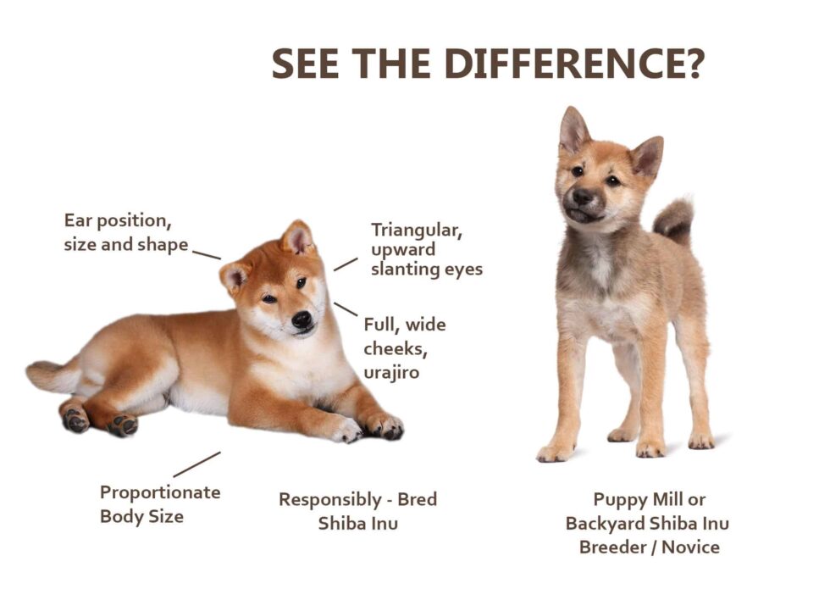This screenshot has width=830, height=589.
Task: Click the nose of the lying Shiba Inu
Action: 302,319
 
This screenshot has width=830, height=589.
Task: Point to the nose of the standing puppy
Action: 582,197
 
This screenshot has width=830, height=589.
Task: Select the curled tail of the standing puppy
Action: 675,219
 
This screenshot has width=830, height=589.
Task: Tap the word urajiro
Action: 391,373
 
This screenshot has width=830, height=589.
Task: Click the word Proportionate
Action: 160,492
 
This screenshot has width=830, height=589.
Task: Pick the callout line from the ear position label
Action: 206,253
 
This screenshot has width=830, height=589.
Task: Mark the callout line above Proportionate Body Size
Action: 196,464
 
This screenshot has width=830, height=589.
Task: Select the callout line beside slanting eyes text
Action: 346,264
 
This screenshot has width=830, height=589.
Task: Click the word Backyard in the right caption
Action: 606,523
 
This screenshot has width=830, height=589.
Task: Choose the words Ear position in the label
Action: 118,221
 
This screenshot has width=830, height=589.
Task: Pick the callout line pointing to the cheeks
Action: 346,308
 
